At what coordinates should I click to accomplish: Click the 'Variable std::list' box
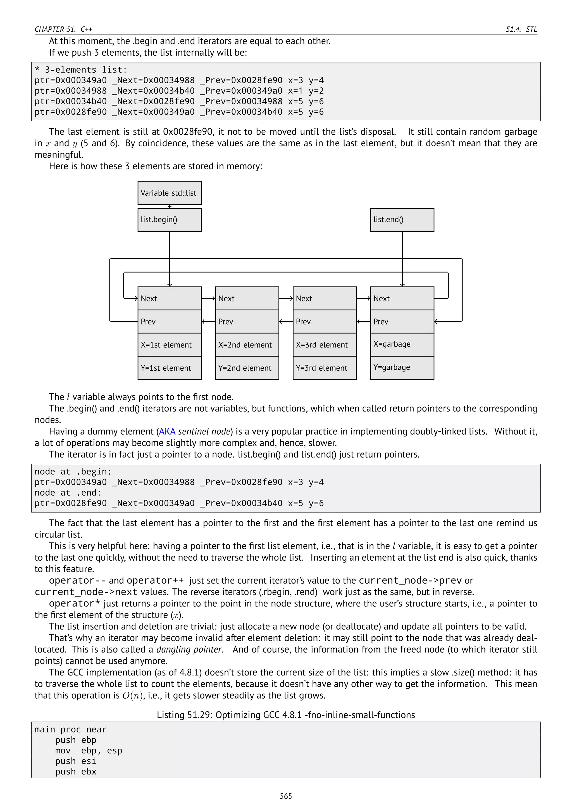point(170,193)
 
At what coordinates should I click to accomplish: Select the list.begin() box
point(170,220)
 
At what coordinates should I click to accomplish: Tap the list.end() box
point(402,220)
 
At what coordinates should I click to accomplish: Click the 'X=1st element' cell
point(170,345)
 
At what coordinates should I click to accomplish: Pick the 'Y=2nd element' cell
point(247,368)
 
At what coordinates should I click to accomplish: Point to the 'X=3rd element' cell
point(324,345)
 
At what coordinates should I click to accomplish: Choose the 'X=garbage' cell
point(402,344)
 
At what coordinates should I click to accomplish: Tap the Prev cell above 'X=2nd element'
point(247,321)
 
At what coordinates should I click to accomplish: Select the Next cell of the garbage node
point(402,298)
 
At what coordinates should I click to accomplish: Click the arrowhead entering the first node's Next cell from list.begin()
point(170,285)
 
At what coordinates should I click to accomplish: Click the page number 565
point(286,796)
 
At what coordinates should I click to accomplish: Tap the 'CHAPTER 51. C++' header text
point(63,29)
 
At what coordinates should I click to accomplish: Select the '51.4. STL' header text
point(521,29)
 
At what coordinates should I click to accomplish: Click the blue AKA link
point(167,431)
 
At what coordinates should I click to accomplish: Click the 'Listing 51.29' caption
point(286,715)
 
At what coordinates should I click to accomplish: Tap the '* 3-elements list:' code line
point(81,70)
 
